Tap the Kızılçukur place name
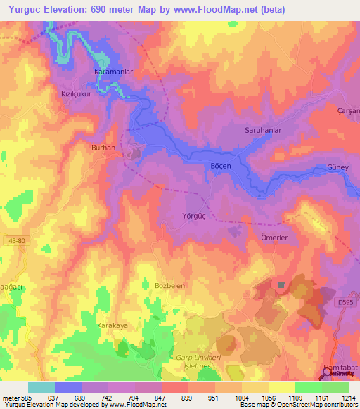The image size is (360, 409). coord(77,93)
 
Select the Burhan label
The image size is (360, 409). coord(103,148)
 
